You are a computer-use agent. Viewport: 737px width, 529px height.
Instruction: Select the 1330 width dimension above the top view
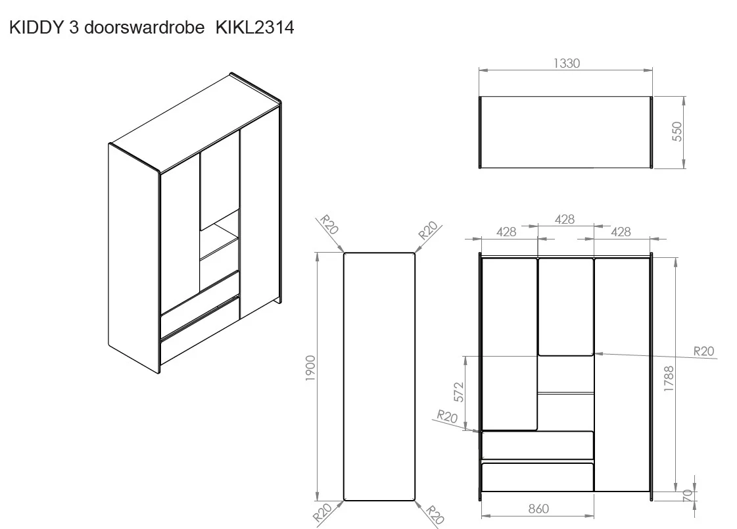pos(566,64)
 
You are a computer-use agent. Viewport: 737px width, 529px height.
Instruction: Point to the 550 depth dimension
pos(678,132)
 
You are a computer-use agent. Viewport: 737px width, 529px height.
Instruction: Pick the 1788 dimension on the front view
pos(669,379)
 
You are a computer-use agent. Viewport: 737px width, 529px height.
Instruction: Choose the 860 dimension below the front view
pos(538,509)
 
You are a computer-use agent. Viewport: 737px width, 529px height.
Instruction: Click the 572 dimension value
pos(459,391)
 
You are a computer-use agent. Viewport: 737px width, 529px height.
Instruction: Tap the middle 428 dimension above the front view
pos(565,219)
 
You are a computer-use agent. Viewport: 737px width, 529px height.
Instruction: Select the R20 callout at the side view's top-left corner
pos(329,226)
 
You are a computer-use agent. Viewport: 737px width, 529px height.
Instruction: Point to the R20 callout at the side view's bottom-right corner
pos(434,514)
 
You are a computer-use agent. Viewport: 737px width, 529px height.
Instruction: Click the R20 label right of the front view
pos(703,351)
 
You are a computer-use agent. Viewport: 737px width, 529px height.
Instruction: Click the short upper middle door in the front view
pos(566,307)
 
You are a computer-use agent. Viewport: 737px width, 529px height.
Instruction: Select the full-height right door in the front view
pos(622,375)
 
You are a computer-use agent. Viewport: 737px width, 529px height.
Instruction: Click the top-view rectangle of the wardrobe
pos(566,132)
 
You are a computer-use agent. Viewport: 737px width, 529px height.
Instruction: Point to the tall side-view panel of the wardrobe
pos(379,376)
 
